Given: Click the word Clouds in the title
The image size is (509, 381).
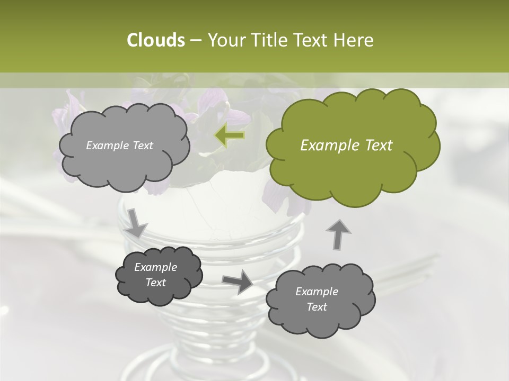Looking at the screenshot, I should click(155, 40).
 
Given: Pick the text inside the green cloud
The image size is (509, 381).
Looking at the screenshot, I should click(346, 146).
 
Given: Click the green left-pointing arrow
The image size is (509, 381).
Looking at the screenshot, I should click(230, 135).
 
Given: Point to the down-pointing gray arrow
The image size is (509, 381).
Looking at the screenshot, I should click(136, 223).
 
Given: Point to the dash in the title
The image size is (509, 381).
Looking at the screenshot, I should click(195, 40).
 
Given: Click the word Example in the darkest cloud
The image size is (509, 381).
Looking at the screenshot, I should click(155, 267).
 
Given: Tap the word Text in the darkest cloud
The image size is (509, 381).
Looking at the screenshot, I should click(155, 283).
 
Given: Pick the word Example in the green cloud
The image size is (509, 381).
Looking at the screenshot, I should click(324, 146).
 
